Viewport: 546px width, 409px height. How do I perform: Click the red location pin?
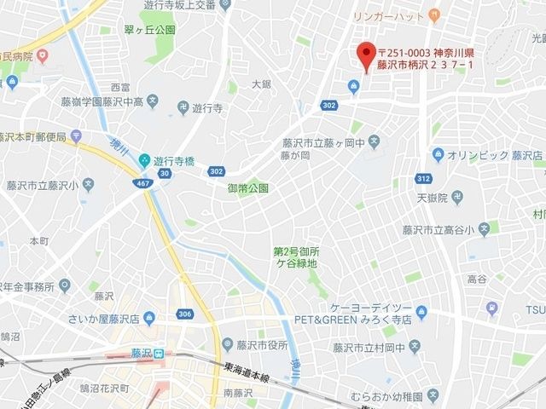click(x=366, y=55)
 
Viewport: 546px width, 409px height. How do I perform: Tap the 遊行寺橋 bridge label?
click(x=177, y=158)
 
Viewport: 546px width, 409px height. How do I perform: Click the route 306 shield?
click(x=186, y=314)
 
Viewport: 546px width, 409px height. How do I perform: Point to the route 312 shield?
click(x=423, y=178)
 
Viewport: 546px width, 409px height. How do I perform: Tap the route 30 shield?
click(x=164, y=173)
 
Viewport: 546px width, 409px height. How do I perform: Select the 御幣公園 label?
click(x=247, y=187)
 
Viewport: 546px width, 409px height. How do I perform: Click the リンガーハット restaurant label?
click(x=390, y=14)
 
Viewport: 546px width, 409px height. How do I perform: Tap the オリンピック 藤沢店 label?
click(x=496, y=154)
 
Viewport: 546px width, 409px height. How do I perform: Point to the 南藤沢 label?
click(x=239, y=393)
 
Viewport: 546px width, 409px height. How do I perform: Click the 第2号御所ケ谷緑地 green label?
click(x=296, y=257)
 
